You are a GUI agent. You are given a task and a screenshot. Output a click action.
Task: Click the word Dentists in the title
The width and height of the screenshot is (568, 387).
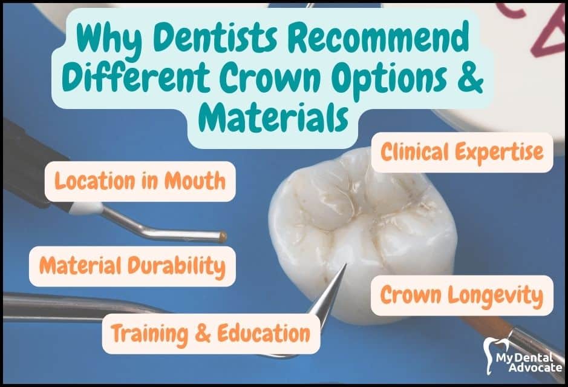coord(215,38)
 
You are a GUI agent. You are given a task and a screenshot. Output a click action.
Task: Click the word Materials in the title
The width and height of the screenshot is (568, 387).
coord(274,117)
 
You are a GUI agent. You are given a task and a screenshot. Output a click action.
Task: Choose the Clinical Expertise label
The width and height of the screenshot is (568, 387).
coord(462,153)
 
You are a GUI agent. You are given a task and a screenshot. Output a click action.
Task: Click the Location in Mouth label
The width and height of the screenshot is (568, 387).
coord(140,181)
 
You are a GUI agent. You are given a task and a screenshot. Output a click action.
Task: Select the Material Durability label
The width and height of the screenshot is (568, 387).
coord(132,266)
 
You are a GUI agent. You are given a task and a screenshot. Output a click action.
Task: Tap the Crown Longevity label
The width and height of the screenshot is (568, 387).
coord(462,295)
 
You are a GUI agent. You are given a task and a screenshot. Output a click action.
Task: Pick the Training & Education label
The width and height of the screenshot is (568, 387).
coord(211,334)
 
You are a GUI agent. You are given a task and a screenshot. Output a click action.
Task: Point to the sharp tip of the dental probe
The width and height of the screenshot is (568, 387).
coord(345,265)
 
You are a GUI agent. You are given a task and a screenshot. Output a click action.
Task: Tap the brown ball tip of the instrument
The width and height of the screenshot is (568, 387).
coord(223,237)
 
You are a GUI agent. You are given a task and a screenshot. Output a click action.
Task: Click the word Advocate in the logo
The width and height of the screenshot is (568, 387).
coord(535,368)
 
